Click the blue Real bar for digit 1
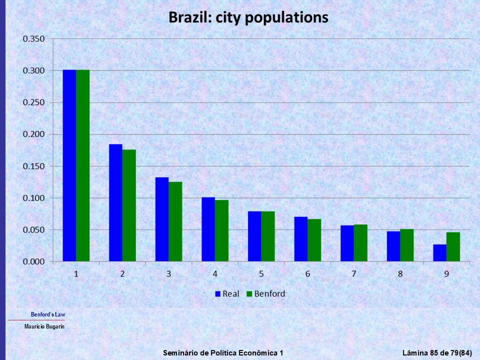[x=69, y=165]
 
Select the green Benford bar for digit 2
[x=129, y=205]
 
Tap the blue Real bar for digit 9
[x=439, y=253]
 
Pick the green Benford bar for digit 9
[x=453, y=247]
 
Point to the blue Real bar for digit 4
[x=208, y=229]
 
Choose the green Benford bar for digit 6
[x=314, y=240]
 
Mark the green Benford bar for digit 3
[x=175, y=221]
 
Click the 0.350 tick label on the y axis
[x=33, y=39]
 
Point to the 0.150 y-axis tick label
[x=33, y=166]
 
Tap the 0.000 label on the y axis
[x=33, y=262]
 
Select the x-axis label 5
[x=261, y=274]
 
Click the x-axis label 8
[x=400, y=274]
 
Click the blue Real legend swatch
[x=218, y=294]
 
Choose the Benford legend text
[x=269, y=294]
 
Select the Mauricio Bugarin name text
[x=44, y=326]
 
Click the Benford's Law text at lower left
[x=48, y=314]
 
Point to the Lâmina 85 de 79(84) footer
[x=437, y=353]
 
